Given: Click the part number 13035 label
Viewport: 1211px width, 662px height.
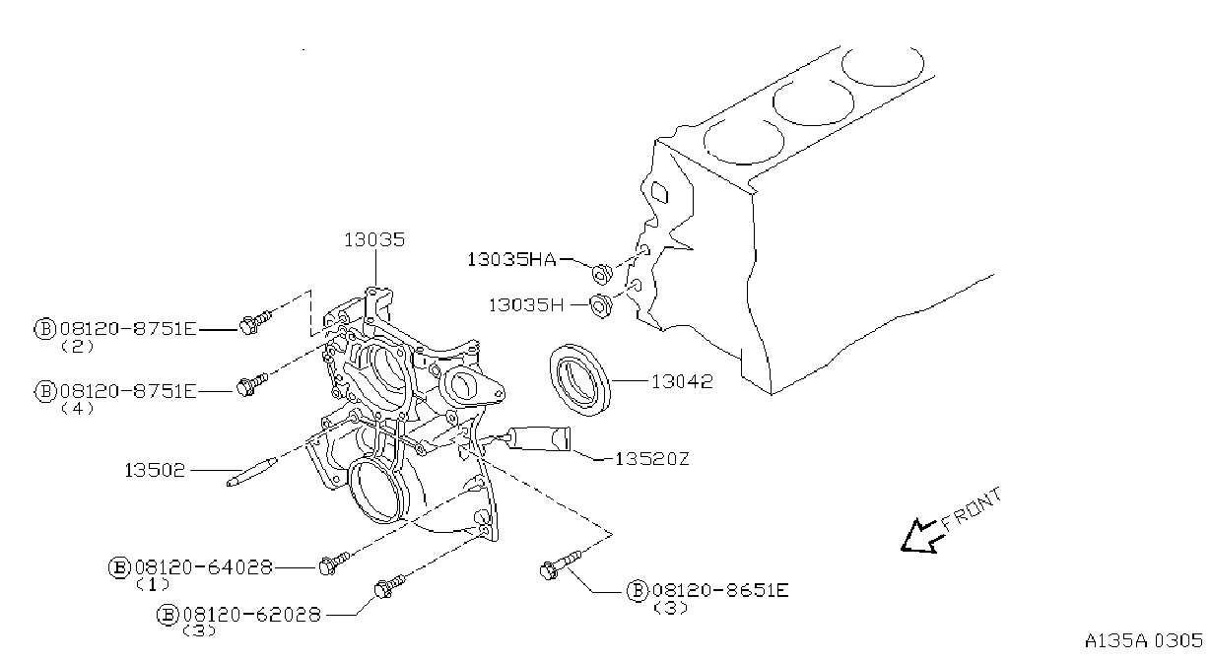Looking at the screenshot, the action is (x=374, y=239).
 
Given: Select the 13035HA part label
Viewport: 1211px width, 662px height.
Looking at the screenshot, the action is (x=511, y=259).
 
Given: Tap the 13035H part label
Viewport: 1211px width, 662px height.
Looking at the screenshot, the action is (x=526, y=305).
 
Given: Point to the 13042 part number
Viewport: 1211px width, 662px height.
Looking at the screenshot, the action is (x=682, y=381).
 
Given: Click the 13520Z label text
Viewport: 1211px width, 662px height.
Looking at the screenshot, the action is (x=652, y=459).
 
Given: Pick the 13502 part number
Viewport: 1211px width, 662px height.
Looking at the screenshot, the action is (x=155, y=470).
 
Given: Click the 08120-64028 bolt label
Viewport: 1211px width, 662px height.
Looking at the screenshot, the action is (x=204, y=566).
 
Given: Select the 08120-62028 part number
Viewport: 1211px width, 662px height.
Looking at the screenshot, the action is (x=252, y=615).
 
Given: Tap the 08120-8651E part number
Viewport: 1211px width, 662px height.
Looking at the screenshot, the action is (x=720, y=589).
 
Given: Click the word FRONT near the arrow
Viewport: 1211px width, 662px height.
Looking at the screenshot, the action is (x=972, y=509).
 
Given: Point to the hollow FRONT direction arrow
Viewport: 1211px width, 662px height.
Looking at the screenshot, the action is (x=920, y=538).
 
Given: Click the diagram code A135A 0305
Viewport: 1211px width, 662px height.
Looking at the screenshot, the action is (x=1144, y=640).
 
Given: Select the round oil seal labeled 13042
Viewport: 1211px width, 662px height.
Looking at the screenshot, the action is (x=579, y=380).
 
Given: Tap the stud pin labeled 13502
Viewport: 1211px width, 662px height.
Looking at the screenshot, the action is (x=252, y=472).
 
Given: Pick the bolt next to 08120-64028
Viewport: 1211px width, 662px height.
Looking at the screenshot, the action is (x=335, y=563).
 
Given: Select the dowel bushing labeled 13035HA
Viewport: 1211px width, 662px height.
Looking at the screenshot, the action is (x=601, y=274).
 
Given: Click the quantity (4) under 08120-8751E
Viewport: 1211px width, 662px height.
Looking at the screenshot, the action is (x=78, y=409).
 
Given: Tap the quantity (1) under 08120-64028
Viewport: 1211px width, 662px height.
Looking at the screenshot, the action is (x=153, y=584).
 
